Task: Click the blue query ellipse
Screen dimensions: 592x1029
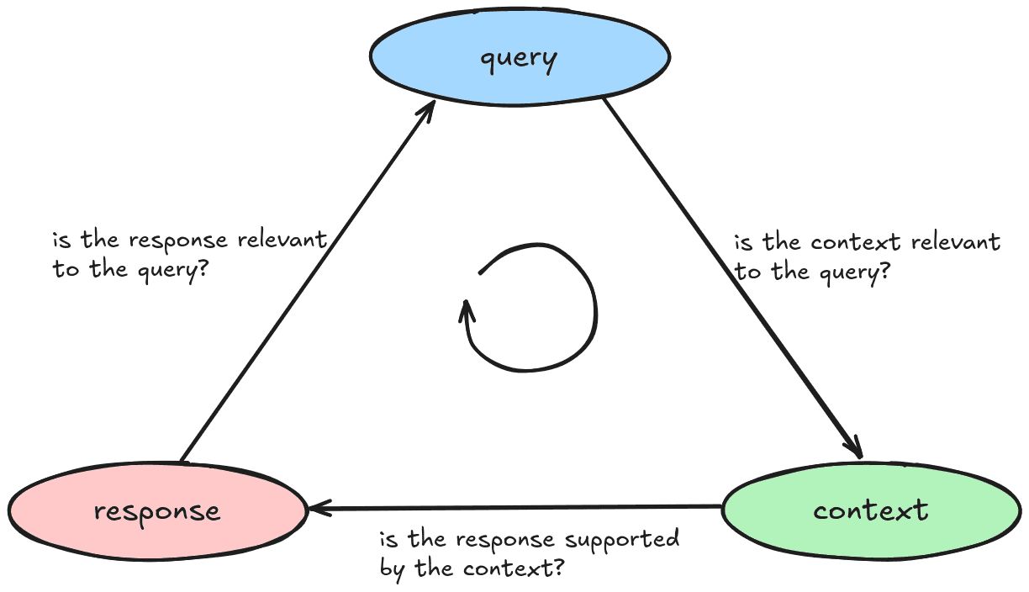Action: (x=520, y=57)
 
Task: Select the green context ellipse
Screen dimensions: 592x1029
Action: (x=871, y=510)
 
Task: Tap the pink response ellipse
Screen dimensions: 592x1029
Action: (x=158, y=510)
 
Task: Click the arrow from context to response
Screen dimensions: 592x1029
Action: (x=513, y=508)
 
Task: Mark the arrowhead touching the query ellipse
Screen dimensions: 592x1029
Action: (x=428, y=109)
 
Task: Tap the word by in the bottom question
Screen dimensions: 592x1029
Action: (x=391, y=568)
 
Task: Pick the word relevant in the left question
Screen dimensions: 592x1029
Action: (x=281, y=240)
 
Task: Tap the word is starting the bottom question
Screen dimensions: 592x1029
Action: (x=388, y=540)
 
